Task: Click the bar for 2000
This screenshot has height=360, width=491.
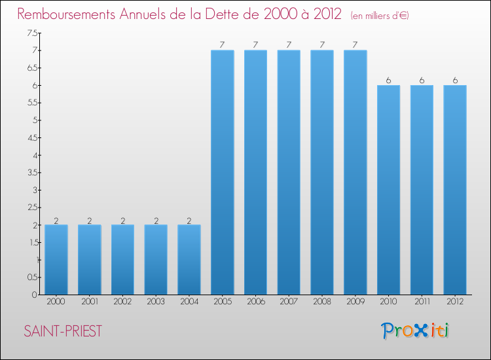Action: click(56, 259)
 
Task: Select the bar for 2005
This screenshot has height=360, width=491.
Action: click(222, 172)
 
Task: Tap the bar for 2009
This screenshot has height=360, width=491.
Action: click(355, 172)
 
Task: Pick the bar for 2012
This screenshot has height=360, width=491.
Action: click(454, 190)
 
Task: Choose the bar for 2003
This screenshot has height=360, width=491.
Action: click(156, 259)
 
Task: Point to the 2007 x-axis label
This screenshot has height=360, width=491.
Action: click(289, 302)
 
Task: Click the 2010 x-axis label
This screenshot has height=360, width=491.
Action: click(388, 302)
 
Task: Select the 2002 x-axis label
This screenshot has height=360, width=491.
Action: click(122, 302)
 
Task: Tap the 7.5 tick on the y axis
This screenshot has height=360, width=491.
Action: click(32, 33)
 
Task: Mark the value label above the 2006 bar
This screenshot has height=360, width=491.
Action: click(255, 45)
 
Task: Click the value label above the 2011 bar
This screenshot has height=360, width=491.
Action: click(422, 80)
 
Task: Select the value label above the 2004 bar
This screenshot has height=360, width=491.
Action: click(189, 220)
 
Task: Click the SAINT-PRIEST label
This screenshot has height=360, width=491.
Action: click(63, 331)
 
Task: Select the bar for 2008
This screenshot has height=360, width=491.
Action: click(321, 172)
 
